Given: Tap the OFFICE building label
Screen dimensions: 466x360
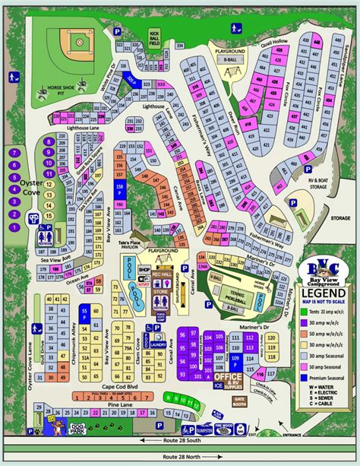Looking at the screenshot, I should pyautogui.click(x=227, y=376).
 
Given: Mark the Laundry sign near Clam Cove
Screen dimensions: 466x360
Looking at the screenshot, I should pyautogui.click(x=159, y=344).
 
